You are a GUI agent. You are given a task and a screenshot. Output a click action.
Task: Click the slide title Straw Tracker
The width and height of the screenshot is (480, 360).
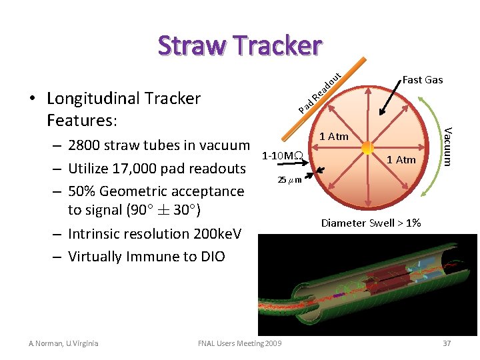coord(240,45)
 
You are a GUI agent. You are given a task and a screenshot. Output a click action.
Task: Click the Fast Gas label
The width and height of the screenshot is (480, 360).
coord(422,80)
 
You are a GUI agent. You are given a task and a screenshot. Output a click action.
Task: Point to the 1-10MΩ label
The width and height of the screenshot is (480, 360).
coord(283,156)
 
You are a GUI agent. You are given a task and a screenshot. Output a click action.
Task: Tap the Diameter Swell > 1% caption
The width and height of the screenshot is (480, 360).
coord(371,223)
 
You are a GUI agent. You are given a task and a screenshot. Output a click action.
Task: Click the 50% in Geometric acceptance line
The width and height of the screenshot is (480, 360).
coord(81,191)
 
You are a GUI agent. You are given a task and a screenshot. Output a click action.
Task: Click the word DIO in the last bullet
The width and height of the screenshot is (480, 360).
coord(213,256)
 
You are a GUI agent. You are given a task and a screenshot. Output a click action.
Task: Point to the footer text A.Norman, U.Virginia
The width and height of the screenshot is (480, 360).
coord(63,343)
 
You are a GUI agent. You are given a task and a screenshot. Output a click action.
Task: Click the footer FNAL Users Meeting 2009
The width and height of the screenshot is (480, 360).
coord(240,343)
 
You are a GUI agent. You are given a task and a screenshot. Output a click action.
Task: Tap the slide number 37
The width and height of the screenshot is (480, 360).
coord(446,343)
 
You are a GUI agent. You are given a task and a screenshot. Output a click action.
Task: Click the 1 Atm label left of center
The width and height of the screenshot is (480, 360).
coord(334,137)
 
